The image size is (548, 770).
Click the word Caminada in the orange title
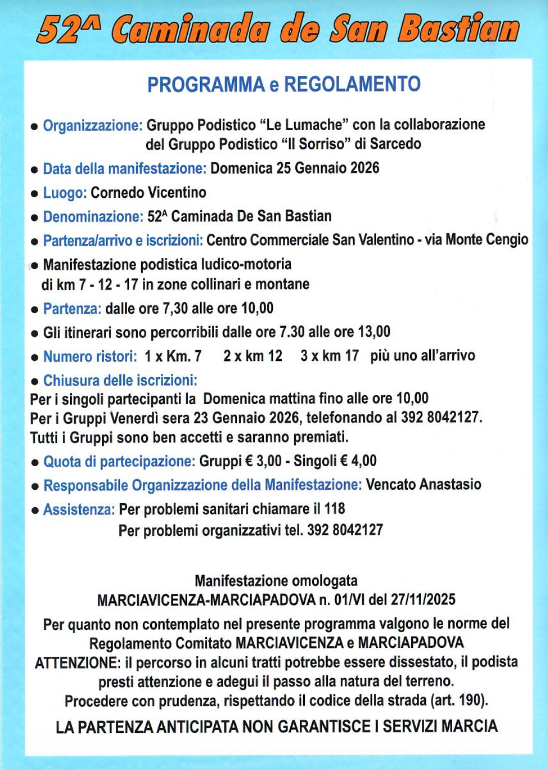tap(190, 29)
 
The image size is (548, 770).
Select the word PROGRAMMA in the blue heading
tap(206, 84)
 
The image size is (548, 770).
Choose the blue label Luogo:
tap(64, 193)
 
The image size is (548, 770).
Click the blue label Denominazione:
tap(93, 216)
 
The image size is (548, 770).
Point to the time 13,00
tap(374, 332)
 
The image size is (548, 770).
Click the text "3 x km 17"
tap(329, 356)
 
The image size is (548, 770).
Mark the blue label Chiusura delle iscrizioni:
tap(120, 381)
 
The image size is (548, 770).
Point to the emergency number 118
tap(335, 509)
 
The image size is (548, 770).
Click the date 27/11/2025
tap(423, 600)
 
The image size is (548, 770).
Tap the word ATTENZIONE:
tap(77, 662)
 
